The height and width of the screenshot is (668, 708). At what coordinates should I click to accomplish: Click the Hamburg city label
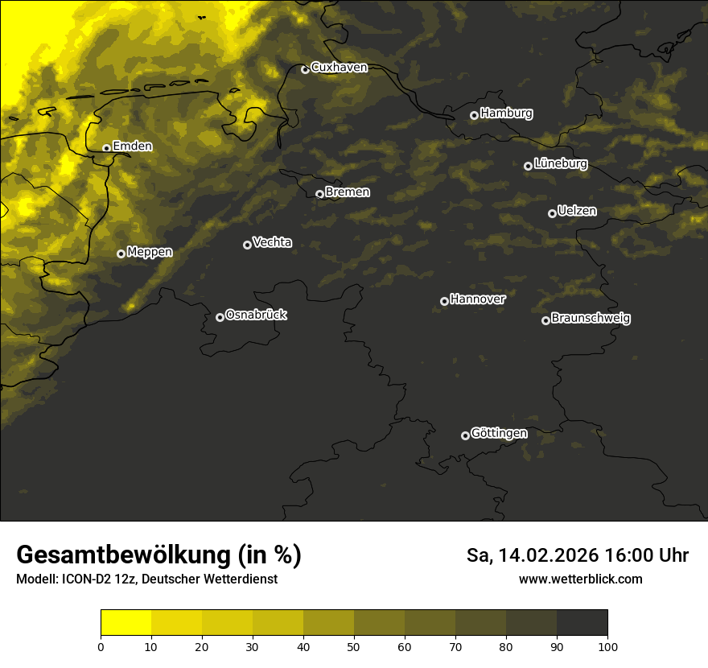506,113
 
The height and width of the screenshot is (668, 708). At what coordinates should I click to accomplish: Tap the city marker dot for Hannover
444,301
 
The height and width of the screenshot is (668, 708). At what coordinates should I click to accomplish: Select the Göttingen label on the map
499,433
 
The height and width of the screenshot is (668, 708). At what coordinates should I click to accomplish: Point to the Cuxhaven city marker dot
305,69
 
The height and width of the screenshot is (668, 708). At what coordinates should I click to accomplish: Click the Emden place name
132,146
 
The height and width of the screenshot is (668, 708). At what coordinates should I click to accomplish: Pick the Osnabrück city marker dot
220,317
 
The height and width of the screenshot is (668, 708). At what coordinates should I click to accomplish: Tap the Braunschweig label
591,318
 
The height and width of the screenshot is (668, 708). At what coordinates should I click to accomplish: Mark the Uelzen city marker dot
552,213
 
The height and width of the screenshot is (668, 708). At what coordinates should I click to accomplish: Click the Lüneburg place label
560,163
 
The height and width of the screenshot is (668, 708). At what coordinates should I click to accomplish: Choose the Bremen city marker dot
319,194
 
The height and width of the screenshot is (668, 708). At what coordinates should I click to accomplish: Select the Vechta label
272,242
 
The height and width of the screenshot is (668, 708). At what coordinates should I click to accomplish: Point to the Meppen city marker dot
121,254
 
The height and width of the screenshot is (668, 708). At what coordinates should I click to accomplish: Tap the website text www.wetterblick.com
580,579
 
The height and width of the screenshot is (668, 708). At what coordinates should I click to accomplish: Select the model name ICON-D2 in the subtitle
81,579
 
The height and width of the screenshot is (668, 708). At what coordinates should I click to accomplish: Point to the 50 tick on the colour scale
354,646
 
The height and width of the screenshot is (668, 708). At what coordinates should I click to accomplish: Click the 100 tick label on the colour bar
607,646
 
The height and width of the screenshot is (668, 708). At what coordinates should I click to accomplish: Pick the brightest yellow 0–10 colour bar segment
126,623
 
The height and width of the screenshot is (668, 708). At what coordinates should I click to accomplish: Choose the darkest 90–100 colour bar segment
582,623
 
